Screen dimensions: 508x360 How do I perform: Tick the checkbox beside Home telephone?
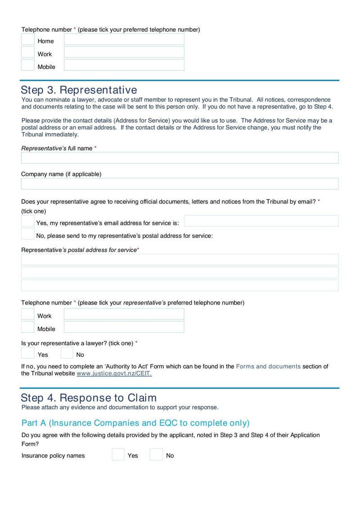(28, 40)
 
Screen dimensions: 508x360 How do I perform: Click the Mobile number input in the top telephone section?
(124, 65)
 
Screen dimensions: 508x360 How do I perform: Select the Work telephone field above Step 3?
(124, 52)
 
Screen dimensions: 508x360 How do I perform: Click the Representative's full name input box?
(180, 158)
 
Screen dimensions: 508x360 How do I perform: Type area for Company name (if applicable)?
(180, 184)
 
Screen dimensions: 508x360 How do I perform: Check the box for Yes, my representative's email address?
(28, 221)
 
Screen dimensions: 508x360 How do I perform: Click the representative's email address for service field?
(261, 221)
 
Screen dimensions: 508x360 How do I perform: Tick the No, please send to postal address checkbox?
(28, 234)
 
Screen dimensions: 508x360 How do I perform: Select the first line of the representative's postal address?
(180, 260)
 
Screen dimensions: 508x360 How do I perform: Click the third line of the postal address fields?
(180, 285)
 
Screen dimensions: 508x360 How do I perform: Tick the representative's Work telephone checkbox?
(28, 314)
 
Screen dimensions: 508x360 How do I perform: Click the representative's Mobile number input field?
(124, 327)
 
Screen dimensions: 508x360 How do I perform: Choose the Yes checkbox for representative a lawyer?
(28, 353)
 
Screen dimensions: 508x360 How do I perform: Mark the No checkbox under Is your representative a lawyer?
(67, 353)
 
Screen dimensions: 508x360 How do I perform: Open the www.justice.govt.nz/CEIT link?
(114, 374)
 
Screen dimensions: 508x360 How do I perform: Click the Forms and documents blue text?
(268, 366)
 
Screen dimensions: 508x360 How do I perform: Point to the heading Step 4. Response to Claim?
(89, 398)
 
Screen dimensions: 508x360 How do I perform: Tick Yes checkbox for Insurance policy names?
(118, 455)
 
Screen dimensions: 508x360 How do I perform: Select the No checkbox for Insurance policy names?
(156, 455)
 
